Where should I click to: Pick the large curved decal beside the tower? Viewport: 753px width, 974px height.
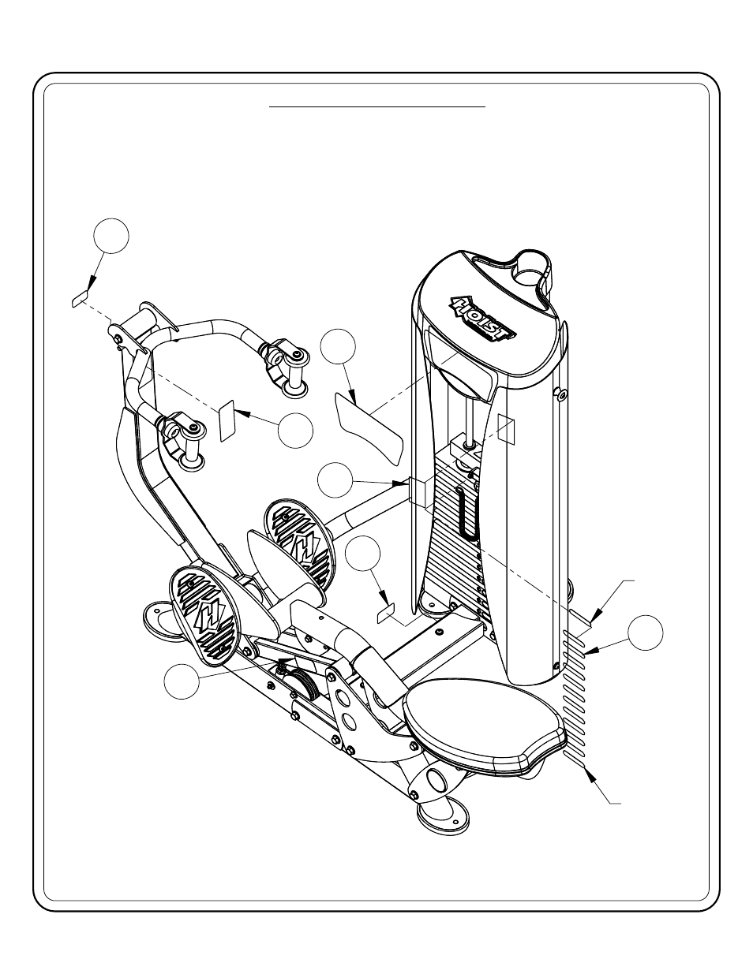[369, 428]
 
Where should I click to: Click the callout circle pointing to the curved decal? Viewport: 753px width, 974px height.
[338, 346]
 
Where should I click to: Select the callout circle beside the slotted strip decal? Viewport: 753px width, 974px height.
[645, 633]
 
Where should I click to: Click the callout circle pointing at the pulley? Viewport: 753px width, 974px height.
[182, 681]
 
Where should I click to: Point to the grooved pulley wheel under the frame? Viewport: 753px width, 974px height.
[305, 684]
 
